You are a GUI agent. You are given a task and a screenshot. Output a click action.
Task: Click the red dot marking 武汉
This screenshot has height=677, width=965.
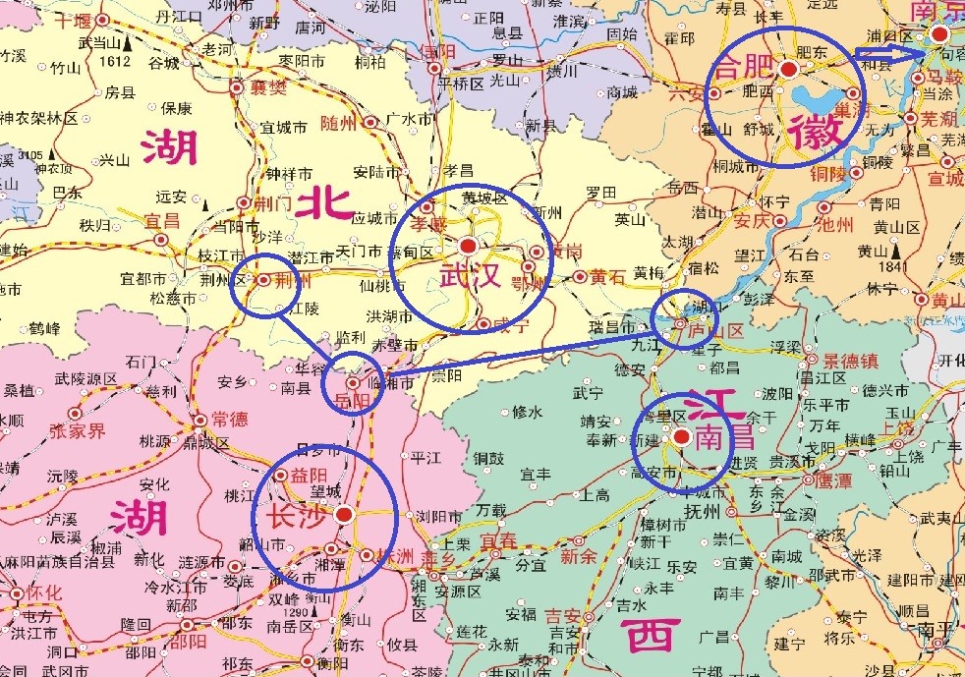468,245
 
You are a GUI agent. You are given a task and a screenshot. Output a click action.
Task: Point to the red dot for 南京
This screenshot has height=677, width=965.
939,34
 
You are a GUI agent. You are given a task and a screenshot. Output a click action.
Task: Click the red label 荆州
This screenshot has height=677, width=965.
294,280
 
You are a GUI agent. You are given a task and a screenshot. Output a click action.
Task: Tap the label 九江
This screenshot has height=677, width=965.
649,346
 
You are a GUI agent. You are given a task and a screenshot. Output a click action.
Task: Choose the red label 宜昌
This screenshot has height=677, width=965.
161,219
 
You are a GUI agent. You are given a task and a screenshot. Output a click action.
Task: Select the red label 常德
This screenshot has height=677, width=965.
229,420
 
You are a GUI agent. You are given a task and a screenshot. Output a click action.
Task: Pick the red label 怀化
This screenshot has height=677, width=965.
44,592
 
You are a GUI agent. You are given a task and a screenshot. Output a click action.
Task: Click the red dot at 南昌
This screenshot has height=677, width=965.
681,434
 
